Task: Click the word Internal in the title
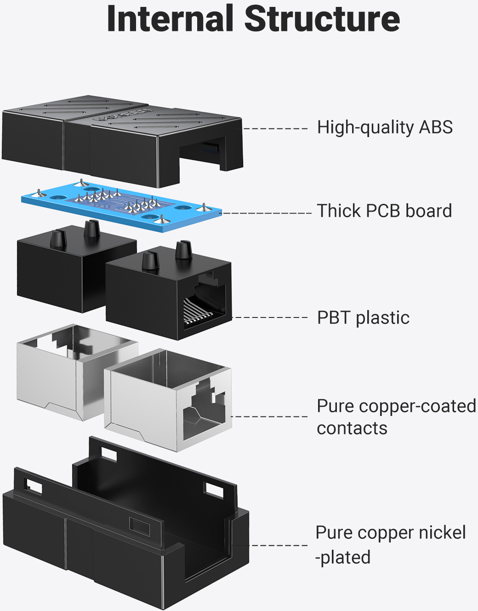[170, 19]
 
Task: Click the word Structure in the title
[322, 19]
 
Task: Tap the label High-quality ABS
[385, 127]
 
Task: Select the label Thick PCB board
[385, 211]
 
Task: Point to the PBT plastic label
[363, 318]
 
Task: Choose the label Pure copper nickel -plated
[390, 545]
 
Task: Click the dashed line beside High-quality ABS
[275, 128]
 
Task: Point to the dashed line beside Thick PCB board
[267, 213]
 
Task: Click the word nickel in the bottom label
[442, 533]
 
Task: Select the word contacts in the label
[352, 428]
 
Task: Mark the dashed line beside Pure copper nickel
[276, 546]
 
